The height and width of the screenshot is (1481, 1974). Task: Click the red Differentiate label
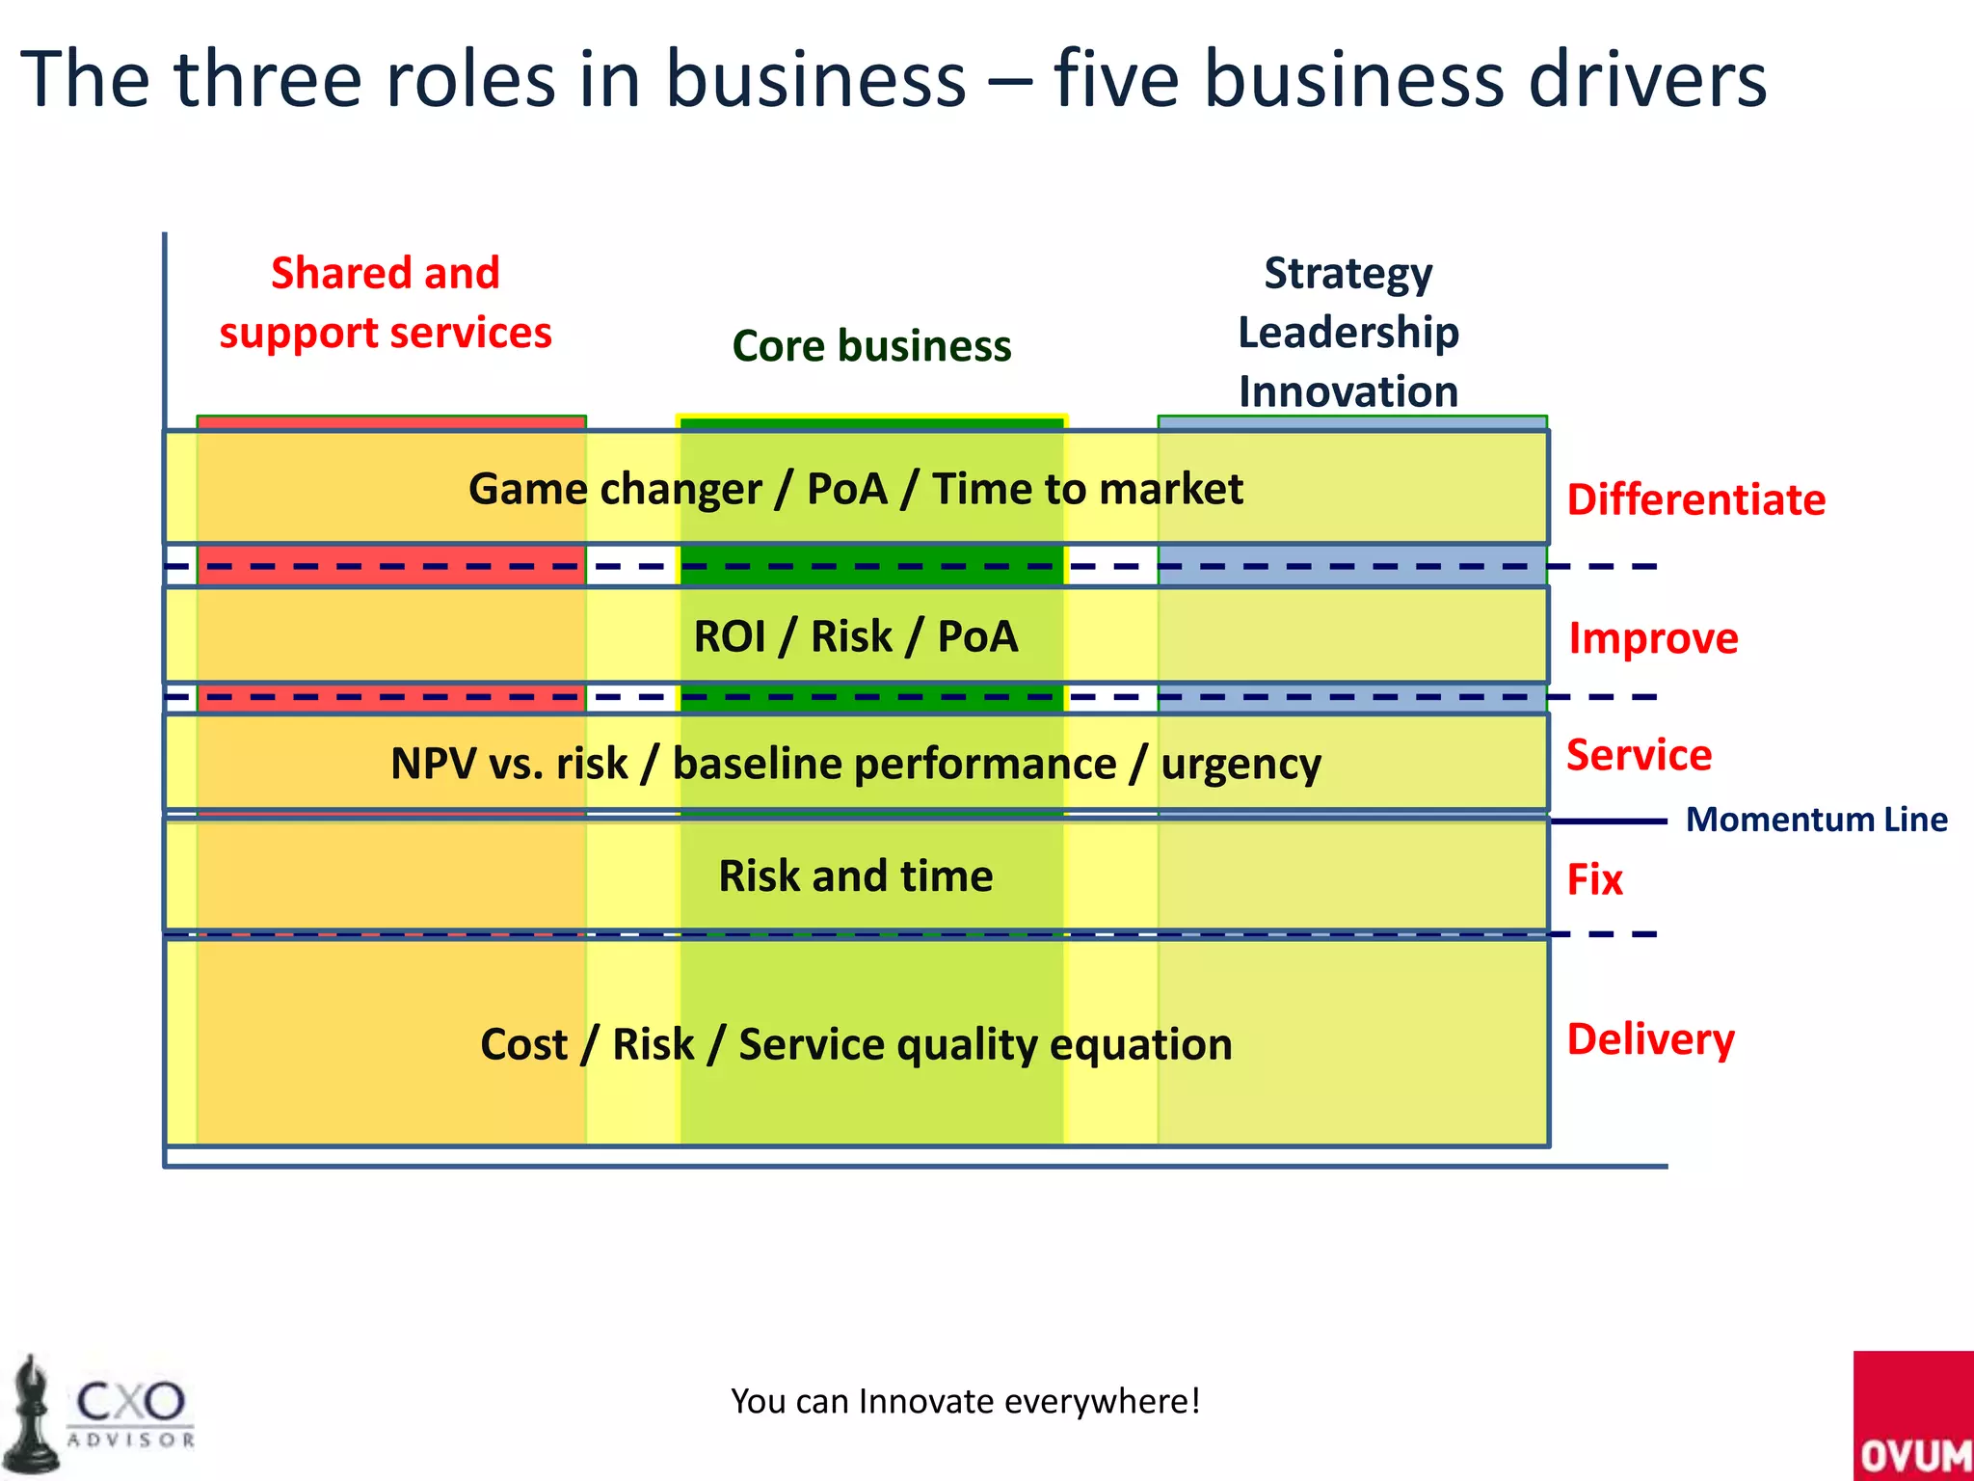point(1695,499)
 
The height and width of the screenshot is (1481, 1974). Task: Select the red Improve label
point(1653,638)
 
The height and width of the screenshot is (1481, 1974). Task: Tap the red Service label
point(1639,754)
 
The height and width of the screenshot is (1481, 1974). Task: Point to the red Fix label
point(1594,879)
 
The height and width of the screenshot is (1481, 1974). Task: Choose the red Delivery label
point(1650,1039)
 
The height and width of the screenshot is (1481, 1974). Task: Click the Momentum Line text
point(1816,820)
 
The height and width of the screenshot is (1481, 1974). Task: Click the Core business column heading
point(871,345)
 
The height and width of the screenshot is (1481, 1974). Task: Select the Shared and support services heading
point(385,303)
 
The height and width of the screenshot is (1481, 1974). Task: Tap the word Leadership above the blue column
point(1347,333)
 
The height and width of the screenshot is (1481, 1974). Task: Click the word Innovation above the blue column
point(1347,391)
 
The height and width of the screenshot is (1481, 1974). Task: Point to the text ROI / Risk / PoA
point(855,636)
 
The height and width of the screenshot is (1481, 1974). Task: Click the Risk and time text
point(855,875)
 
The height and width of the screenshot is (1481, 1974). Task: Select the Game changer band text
point(855,489)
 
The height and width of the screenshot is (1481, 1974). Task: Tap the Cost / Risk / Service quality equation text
point(855,1044)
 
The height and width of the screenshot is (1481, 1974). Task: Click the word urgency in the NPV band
point(1240,765)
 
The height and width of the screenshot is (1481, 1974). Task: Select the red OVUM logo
point(1912,1417)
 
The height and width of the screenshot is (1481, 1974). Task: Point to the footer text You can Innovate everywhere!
point(965,1401)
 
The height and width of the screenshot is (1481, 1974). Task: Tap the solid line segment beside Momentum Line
point(1608,821)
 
